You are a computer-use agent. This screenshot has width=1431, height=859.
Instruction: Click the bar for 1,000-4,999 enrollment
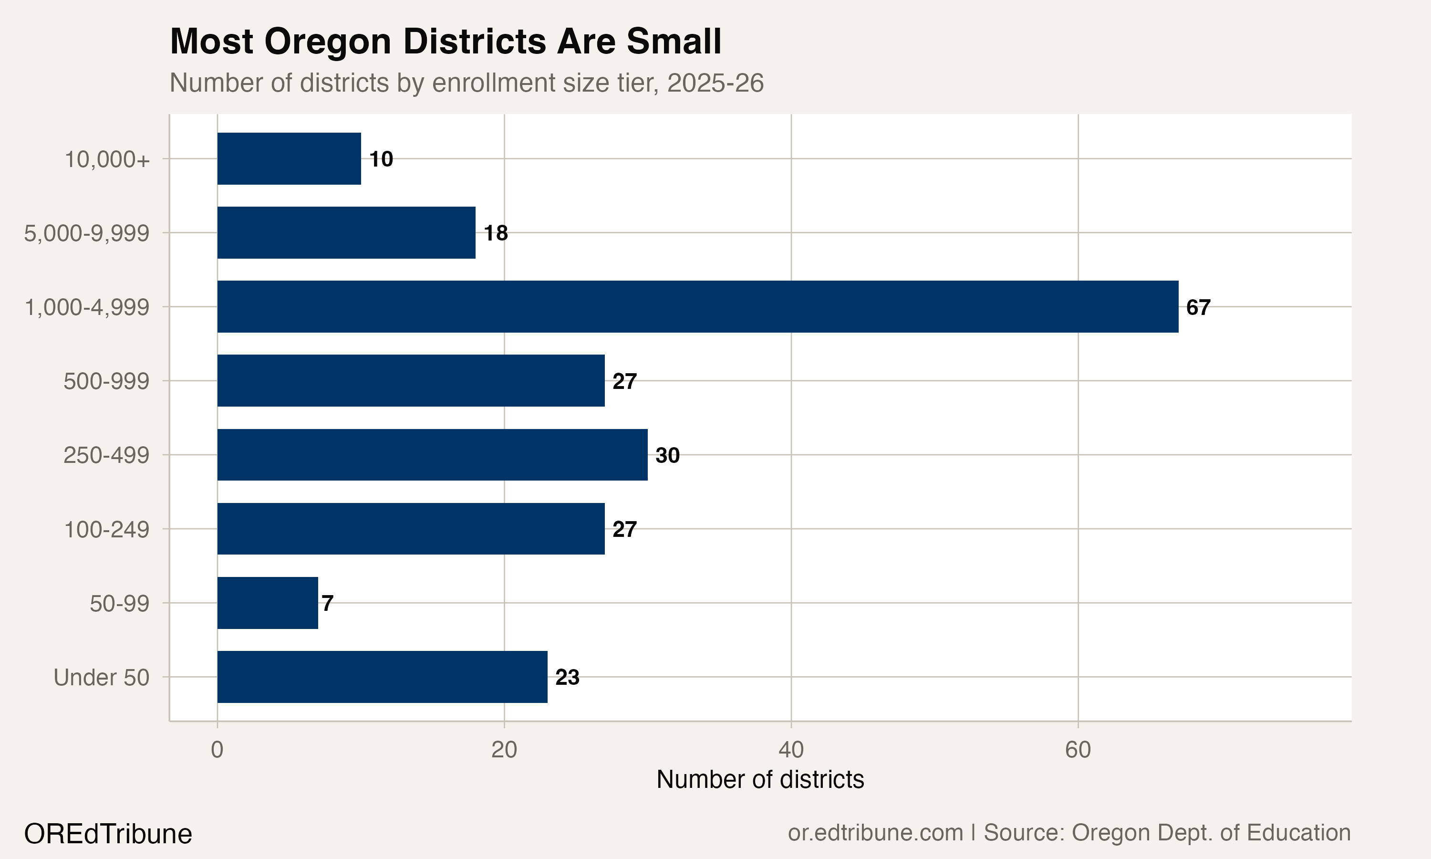[x=697, y=307]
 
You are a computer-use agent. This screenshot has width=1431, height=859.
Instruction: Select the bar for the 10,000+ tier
[x=289, y=158]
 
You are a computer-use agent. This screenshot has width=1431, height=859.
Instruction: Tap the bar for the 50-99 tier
[x=267, y=603]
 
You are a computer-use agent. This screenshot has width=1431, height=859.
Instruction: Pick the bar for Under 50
[x=382, y=677]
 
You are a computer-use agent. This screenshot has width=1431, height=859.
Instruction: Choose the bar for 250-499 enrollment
[x=432, y=454]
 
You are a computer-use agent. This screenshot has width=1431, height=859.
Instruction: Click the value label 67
[x=1198, y=307]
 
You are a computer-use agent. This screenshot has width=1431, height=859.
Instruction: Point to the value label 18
[x=496, y=233]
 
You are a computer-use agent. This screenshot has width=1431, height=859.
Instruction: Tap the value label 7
[x=327, y=603]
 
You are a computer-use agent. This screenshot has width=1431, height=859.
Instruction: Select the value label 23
[x=567, y=677]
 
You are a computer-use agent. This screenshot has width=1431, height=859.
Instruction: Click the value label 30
[x=667, y=456]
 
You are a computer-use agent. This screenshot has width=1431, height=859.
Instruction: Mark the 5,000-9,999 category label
[x=87, y=233]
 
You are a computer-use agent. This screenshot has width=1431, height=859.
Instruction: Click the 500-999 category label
[x=106, y=381]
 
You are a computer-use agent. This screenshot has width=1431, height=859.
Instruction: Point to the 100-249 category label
[x=106, y=530]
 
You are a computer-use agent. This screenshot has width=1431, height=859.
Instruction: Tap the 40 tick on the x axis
[x=791, y=750]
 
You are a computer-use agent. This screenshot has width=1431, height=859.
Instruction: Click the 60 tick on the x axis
[x=1078, y=750]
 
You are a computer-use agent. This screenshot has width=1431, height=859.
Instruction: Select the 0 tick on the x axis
[x=217, y=750]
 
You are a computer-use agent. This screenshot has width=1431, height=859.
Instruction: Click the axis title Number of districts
[x=760, y=780]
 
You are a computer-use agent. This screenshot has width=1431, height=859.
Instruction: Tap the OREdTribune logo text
[x=108, y=834]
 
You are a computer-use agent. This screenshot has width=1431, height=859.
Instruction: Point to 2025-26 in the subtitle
[x=715, y=83]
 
